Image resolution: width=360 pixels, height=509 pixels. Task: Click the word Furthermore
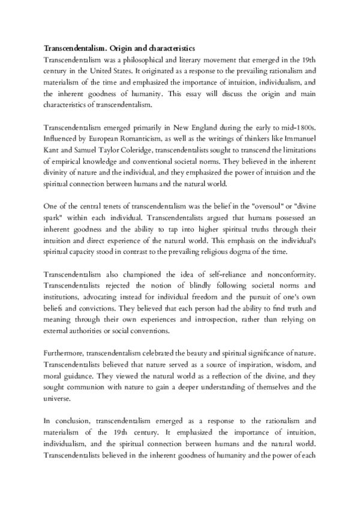[65, 355]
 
